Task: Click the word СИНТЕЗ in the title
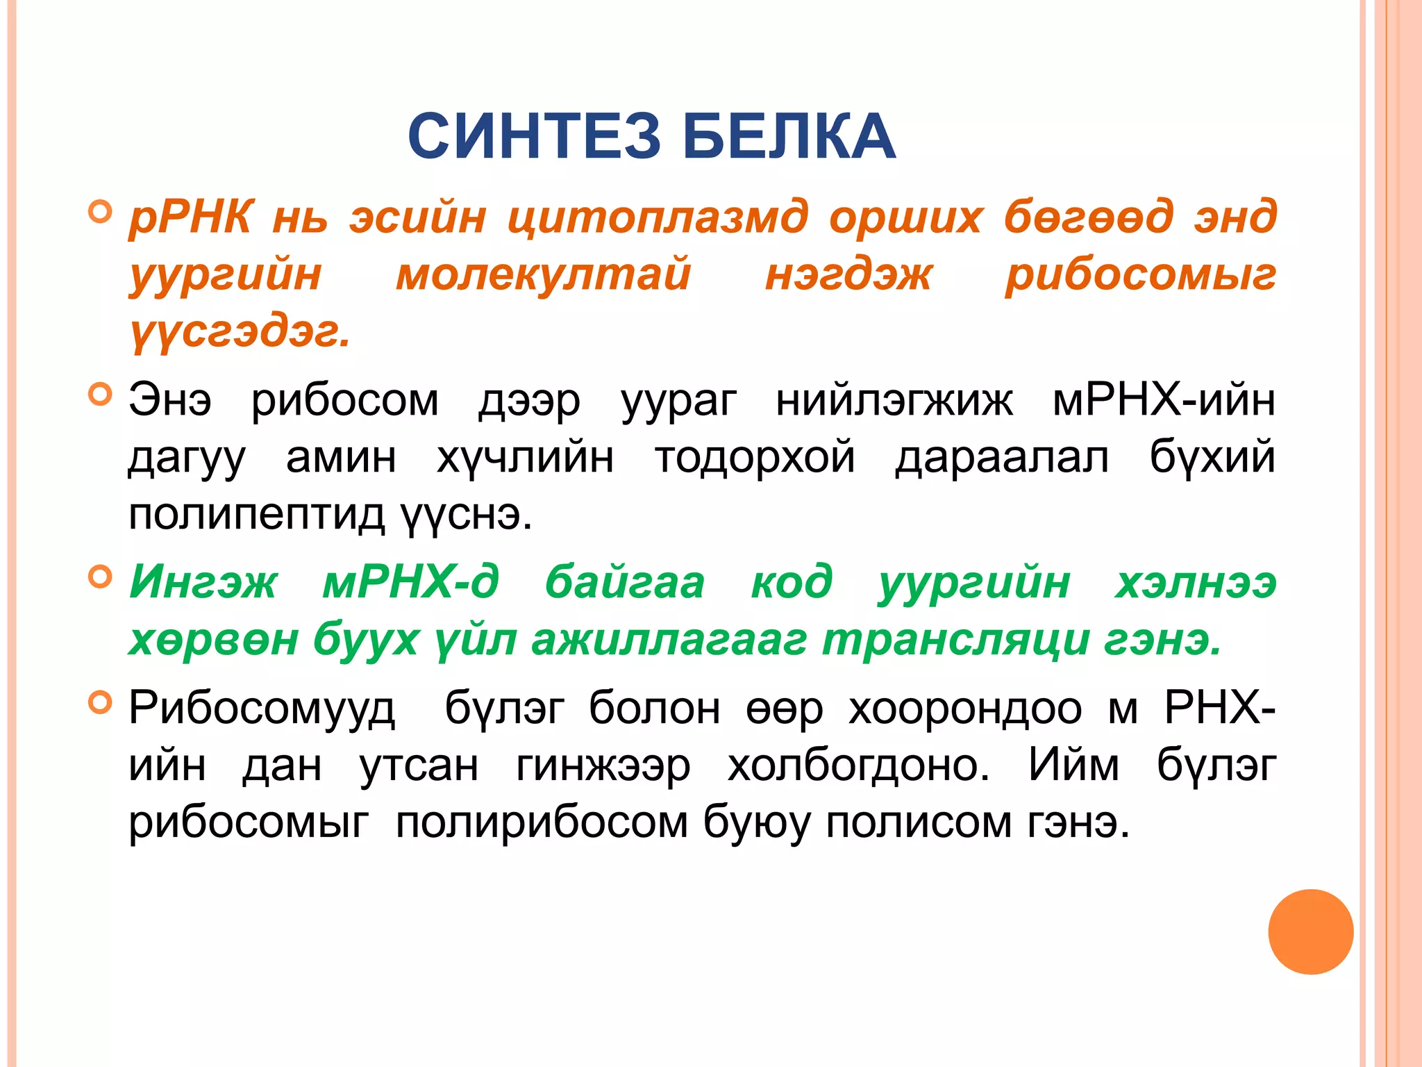click(534, 136)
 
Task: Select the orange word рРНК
click(191, 217)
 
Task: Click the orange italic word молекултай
click(543, 274)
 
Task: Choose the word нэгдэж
click(848, 274)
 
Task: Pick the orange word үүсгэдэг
click(240, 332)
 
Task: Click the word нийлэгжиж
click(894, 402)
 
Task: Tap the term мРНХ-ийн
click(1164, 402)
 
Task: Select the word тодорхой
click(755, 458)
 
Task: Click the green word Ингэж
click(203, 582)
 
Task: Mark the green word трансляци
click(955, 640)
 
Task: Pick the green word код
click(792, 582)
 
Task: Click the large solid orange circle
click(1310, 932)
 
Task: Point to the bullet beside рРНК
click(100, 211)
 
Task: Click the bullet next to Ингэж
click(100, 577)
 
